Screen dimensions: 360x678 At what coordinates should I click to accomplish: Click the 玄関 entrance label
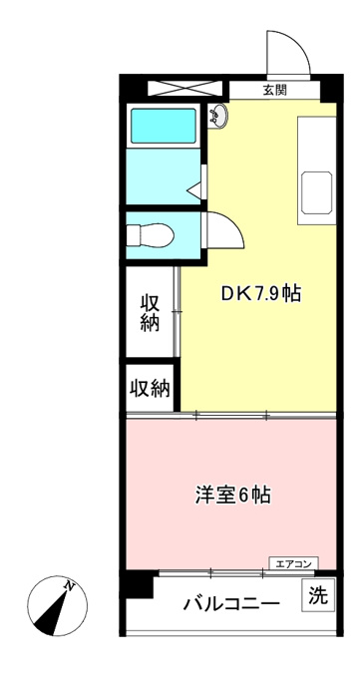pos(274,91)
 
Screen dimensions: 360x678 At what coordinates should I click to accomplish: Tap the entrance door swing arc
pos(299,42)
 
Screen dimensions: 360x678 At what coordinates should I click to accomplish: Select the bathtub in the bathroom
pos(164,126)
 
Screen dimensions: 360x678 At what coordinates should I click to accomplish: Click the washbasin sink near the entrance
pos(218,116)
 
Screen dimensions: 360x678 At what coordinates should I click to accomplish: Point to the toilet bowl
pos(151,235)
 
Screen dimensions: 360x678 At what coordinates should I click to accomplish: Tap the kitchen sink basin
pos(317,192)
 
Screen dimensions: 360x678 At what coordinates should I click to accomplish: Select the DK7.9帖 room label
pos(261,294)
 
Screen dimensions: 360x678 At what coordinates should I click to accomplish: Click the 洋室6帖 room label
pos(232,496)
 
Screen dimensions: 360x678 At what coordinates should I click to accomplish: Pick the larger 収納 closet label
pos(150,313)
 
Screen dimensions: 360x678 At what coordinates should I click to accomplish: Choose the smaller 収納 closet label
pos(151,389)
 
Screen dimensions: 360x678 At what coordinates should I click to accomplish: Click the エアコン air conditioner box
pos(294,563)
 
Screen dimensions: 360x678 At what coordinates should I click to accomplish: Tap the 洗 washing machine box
pos(318,597)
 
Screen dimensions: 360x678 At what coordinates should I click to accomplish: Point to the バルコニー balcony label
pos(230,603)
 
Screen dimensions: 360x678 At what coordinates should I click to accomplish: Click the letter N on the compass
pos(69,586)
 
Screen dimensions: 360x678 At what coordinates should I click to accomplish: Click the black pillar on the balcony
pos(137,584)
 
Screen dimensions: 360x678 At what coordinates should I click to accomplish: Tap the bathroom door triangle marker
pos(193,189)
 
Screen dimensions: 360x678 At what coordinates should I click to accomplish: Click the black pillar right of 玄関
pos(331,89)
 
